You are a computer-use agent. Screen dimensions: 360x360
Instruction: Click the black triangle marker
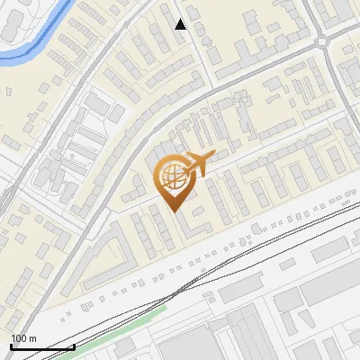pos(181,24)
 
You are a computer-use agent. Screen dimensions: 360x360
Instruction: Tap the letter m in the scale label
pos(32,338)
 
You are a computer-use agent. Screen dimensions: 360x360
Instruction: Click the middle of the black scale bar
pos(42,346)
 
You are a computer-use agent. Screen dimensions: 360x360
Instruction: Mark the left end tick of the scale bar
pos(11,346)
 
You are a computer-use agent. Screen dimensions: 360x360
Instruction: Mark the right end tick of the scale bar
pos(74,346)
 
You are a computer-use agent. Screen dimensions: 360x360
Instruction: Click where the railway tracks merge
pos(184,288)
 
